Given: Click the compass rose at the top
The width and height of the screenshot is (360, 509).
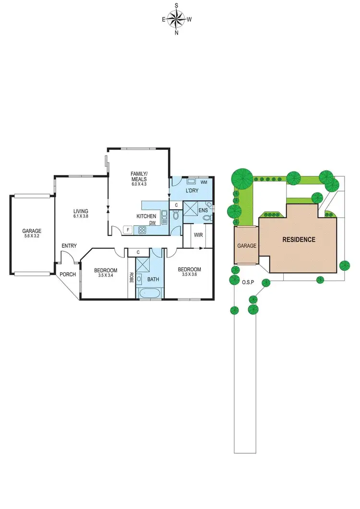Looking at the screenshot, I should point(177,20).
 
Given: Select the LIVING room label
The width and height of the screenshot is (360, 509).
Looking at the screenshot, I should point(81,211).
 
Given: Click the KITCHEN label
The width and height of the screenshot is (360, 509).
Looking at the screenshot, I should point(147,216).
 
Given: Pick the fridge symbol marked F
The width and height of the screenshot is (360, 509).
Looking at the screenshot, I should point(128,230).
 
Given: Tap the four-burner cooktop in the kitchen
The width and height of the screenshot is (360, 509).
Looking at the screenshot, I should point(143,230).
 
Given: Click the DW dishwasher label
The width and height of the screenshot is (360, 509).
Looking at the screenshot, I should point(152,223).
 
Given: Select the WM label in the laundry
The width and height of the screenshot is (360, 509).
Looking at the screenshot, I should point(204,182).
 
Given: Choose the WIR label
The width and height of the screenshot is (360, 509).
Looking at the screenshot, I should point(198,235).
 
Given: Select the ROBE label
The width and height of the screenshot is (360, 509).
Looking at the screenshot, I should point(131,277).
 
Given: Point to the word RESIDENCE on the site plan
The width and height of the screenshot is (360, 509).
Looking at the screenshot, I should point(298,239).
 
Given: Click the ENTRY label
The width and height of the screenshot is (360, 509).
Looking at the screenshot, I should point(69,246).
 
